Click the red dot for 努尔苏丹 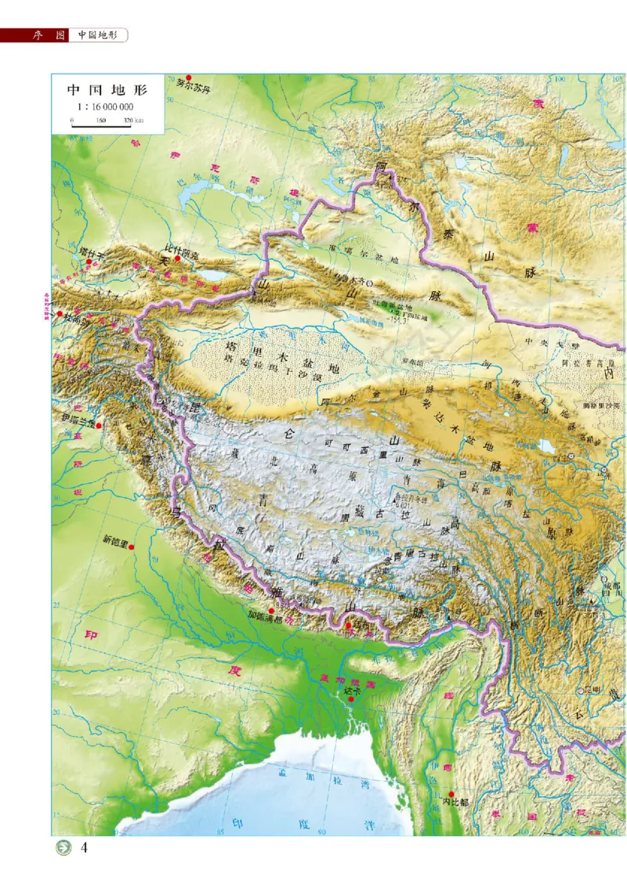point(189,78)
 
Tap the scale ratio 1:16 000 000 point(107,106)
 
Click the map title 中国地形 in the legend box point(107,89)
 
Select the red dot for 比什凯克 point(178,258)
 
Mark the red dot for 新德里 point(132,547)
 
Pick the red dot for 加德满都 point(271,611)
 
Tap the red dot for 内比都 point(451,794)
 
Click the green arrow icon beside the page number point(62,849)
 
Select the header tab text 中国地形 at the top point(97,35)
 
